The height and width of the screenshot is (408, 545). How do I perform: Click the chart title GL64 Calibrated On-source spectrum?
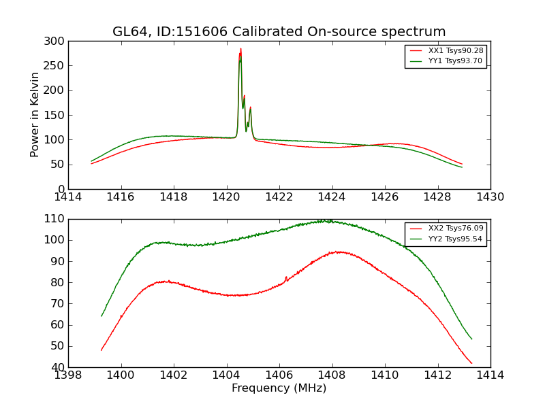pyautogui.click(x=279, y=32)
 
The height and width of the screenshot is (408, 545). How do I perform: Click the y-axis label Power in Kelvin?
pyautogui.click(x=35, y=115)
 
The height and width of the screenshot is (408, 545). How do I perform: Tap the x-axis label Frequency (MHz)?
pyautogui.click(x=279, y=388)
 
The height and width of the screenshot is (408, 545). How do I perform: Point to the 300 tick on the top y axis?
pyautogui.click(x=57, y=41)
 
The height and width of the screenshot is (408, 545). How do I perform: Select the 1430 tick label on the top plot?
pyautogui.click(x=490, y=197)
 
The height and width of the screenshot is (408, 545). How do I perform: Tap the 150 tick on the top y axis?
pyautogui.click(x=57, y=115)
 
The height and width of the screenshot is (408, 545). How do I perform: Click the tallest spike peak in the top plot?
pyautogui.click(x=240, y=49)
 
